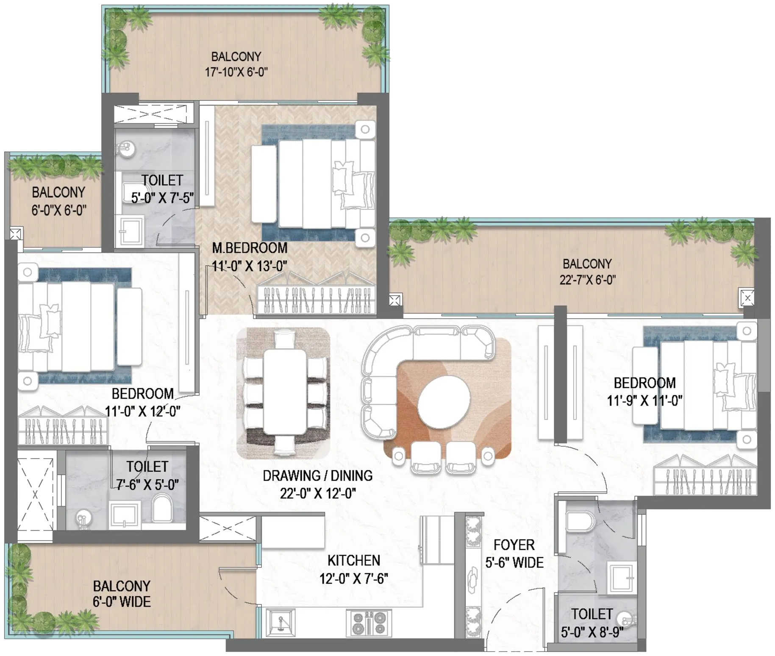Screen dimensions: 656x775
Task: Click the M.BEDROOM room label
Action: click(x=250, y=248)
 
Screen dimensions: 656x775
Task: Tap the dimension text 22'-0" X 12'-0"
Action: click(x=317, y=494)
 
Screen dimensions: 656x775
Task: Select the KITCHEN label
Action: click(x=354, y=561)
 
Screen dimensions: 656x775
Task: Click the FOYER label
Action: click(x=514, y=545)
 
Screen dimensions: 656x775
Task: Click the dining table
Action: click(x=285, y=392)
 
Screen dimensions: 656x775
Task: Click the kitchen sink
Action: click(x=281, y=623)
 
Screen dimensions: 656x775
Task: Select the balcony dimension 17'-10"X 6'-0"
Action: click(x=236, y=72)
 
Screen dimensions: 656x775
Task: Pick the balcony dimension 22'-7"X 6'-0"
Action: click(x=587, y=280)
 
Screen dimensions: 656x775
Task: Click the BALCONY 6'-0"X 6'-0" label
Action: click(x=58, y=201)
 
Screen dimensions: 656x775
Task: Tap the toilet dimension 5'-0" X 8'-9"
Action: click(x=592, y=633)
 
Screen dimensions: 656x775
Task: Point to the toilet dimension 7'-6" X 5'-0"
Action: click(x=147, y=484)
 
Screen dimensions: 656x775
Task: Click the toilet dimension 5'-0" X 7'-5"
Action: click(x=162, y=198)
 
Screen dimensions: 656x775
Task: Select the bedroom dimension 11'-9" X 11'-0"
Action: click(x=644, y=400)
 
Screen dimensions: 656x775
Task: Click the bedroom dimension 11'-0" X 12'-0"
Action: click(x=143, y=411)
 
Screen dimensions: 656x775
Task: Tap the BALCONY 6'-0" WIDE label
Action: click(x=122, y=594)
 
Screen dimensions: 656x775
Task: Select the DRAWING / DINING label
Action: click(x=317, y=475)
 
